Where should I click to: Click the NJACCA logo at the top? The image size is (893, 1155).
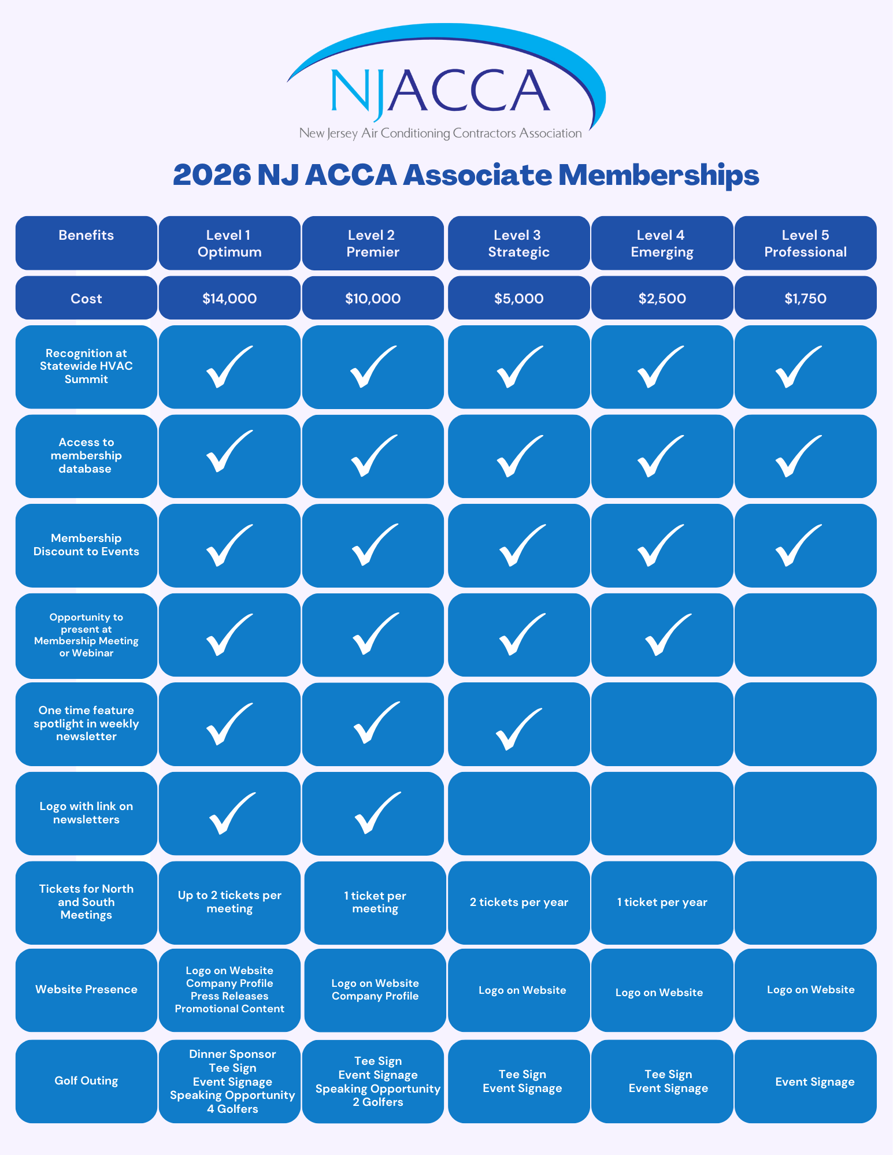click(445, 87)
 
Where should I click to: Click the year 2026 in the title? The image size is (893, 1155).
click(212, 174)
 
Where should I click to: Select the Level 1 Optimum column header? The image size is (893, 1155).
click(229, 243)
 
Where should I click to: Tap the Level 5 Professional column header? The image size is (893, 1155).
click(805, 243)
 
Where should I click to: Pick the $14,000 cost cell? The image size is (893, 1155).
click(229, 298)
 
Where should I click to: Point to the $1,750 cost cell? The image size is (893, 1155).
click(805, 298)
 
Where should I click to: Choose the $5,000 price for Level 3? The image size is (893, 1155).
click(518, 298)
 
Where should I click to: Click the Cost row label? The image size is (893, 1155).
click(86, 298)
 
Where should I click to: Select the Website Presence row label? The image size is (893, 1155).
click(86, 989)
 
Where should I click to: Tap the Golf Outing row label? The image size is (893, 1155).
click(86, 1080)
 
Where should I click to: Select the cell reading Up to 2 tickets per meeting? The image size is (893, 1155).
click(229, 901)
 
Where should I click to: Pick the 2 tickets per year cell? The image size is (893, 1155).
click(518, 902)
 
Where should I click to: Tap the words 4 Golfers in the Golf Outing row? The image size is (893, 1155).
click(232, 1109)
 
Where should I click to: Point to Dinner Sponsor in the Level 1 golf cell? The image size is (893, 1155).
click(232, 1054)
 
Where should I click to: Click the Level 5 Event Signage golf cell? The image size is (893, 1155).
click(814, 1082)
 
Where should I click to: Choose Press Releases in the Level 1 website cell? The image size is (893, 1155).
click(229, 996)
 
